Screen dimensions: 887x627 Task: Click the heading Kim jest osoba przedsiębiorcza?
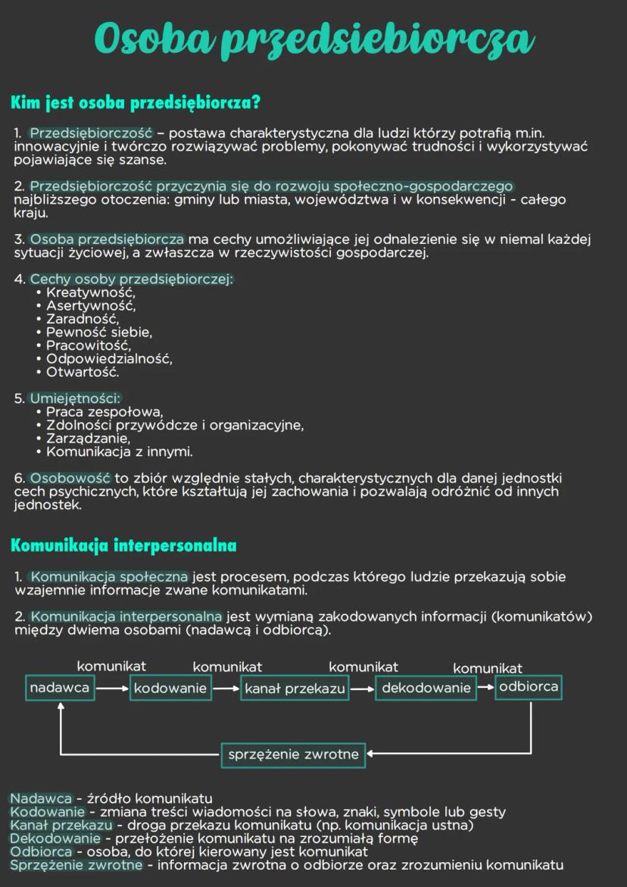pyautogui.click(x=136, y=102)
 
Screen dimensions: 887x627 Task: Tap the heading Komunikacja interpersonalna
pyautogui.click(x=123, y=545)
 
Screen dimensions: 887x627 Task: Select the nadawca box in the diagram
pyautogui.click(x=60, y=688)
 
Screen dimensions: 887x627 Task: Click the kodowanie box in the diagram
pyautogui.click(x=170, y=688)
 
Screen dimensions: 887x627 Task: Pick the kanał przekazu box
pyautogui.click(x=295, y=689)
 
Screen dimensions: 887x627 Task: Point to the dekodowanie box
pyautogui.click(x=426, y=688)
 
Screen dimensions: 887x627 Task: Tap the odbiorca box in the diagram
pyautogui.click(x=529, y=687)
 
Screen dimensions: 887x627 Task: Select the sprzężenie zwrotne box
pyautogui.click(x=293, y=754)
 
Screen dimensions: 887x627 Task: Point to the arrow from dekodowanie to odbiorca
pyautogui.click(x=485, y=688)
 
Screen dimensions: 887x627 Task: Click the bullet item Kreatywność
pyautogui.click(x=90, y=292)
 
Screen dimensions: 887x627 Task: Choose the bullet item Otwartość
pyautogui.click(x=83, y=372)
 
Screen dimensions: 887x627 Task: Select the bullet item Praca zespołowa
pyautogui.click(x=104, y=412)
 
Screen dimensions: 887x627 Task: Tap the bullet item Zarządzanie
pyautogui.click(x=88, y=439)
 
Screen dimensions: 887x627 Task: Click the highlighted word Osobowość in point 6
pyautogui.click(x=70, y=479)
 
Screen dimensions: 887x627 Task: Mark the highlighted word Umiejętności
pyautogui.click(x=75, y=398)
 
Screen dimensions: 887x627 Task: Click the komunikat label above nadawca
pyautogui.click(x=111, y=666)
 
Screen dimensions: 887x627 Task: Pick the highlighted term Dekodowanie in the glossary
pyautogui.click(x=55, y=839)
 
